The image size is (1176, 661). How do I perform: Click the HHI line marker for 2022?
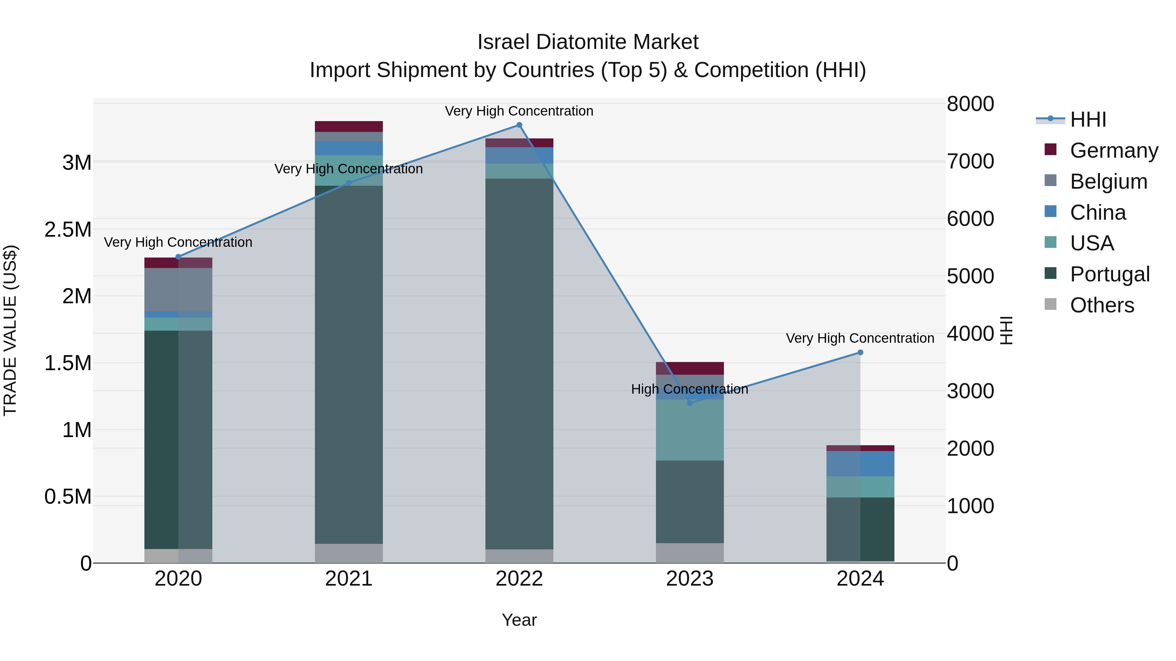519,125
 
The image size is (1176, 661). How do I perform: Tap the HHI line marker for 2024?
860,352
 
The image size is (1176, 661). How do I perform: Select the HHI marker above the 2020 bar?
178,257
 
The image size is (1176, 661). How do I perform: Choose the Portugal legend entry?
1109,274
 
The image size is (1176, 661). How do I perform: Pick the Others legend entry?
1101,305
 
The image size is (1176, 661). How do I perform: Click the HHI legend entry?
1087,119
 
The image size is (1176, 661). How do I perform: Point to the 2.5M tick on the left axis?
68,229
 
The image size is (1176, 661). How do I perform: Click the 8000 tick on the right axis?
970,104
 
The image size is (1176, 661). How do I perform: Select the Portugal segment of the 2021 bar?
349,365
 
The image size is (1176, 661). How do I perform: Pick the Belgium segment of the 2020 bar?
178,290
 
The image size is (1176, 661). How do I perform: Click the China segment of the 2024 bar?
860,464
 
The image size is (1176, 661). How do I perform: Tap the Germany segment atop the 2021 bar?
349,126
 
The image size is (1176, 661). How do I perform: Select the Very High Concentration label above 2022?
519,111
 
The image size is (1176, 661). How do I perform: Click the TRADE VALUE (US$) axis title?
10,330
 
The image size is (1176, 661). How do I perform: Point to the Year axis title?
519,620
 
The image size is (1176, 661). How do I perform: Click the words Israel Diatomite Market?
588,42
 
